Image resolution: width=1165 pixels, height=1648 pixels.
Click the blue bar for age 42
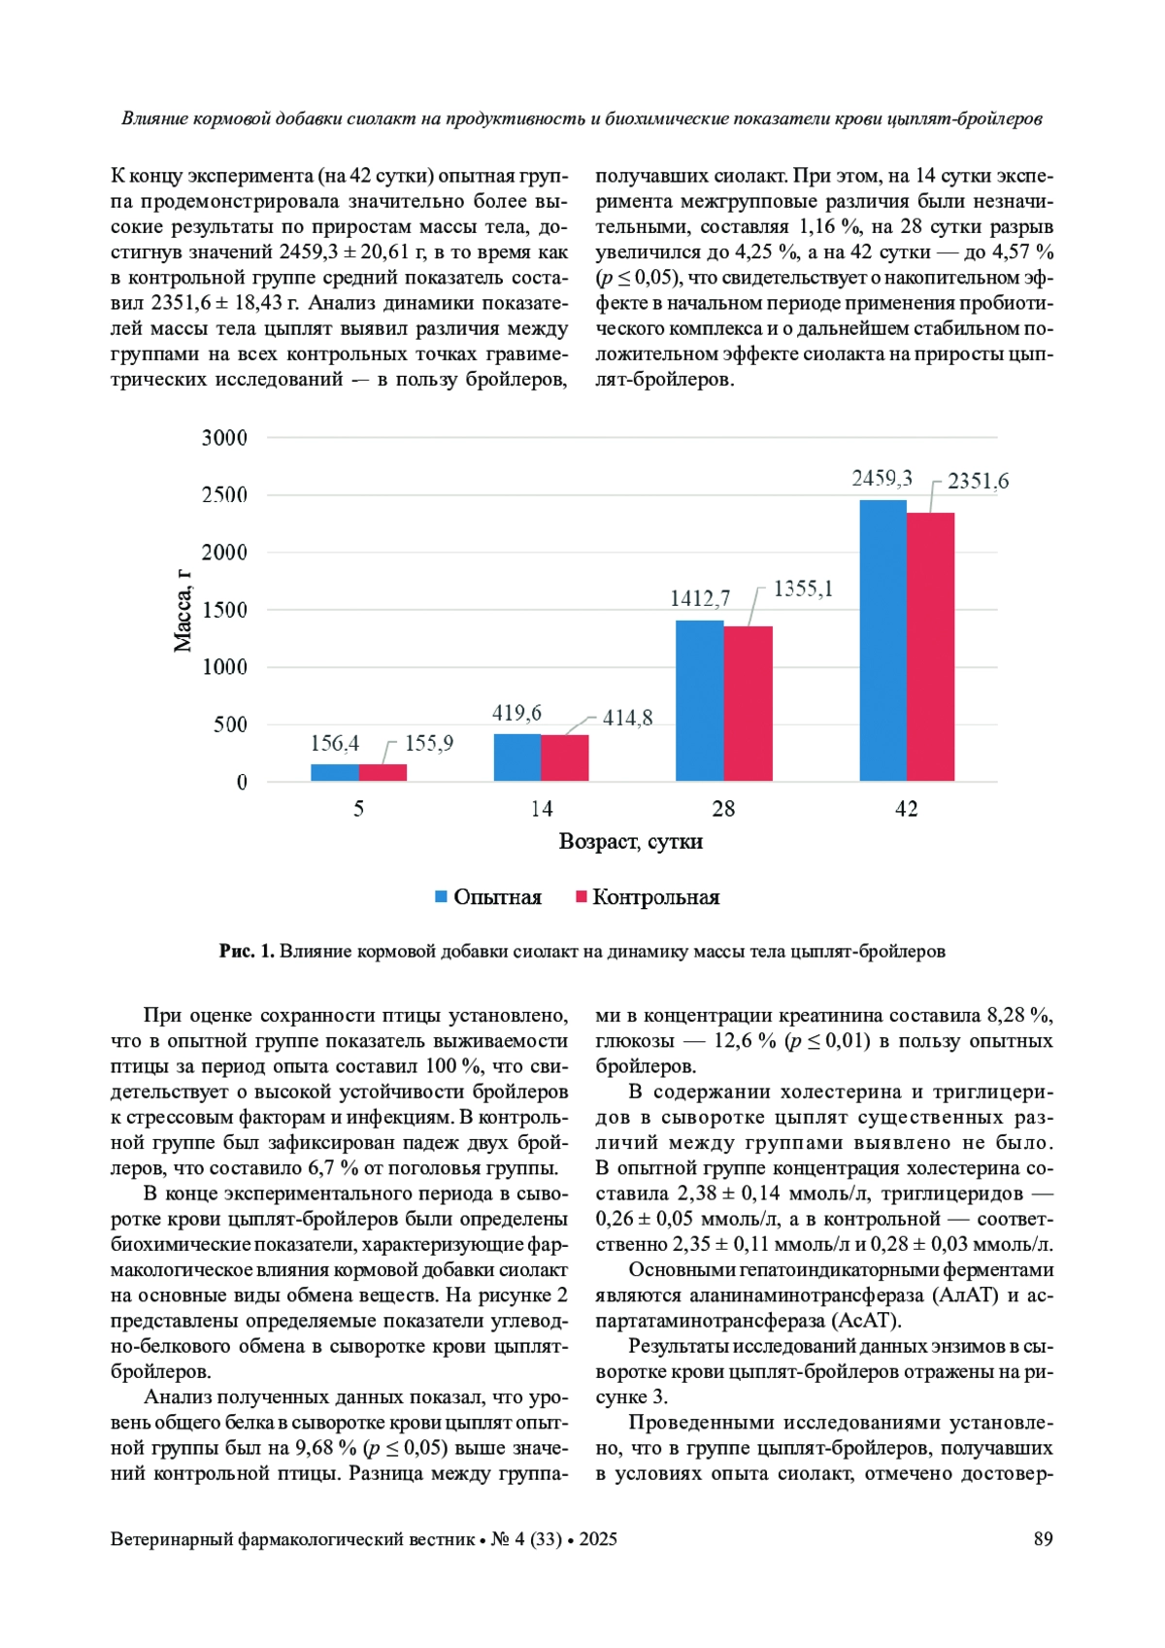(882, 641)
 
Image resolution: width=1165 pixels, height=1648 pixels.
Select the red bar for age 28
(748, 703)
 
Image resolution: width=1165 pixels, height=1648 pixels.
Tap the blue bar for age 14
(516, 757)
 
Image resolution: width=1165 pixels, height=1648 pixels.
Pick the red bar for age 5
(383, 772)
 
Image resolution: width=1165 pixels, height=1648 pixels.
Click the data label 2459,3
(882, 478)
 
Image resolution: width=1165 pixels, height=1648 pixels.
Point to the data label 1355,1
(803, 589)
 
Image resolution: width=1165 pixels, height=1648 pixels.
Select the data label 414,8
(627, 718)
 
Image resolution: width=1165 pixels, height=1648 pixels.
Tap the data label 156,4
(334, 743)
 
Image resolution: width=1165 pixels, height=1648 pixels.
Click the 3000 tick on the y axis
(224, 438)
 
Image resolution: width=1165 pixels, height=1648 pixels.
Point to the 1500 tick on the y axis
(224, 610)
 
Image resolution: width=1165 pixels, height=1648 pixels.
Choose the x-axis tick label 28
(723, 809)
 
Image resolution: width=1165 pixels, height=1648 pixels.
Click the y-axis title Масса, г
(183, 610)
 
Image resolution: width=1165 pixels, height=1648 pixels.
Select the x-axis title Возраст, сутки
(630, 842)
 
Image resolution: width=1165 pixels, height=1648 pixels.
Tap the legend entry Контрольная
(655, 897)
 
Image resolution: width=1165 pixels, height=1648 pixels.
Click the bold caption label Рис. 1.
(247, 952)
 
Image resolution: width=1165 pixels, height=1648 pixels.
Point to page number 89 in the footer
(1043, 1539)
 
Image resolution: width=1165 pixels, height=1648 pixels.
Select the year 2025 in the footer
(598, 1539)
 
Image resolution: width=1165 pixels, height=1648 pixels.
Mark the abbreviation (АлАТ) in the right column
(965, 1295)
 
